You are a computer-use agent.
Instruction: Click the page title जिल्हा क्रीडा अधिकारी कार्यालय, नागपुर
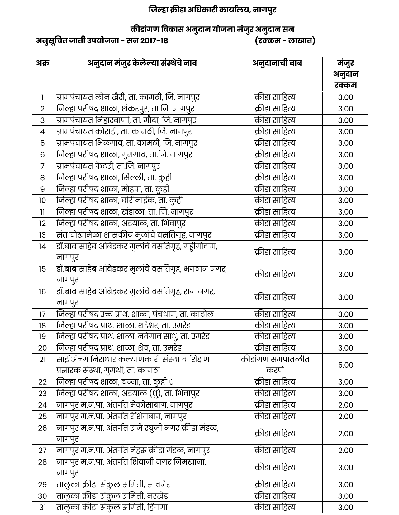coord(212,10)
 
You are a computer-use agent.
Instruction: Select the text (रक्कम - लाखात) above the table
coord(285,41)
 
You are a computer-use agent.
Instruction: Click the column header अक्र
coord(42,63)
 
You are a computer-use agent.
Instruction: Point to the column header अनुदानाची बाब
coord(277,63)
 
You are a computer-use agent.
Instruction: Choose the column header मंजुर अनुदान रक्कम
coord(345,74)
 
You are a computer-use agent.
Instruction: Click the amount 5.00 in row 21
coord(345,365)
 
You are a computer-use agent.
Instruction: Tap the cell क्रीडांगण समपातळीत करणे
coord(275,365)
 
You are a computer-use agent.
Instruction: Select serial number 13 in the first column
coord(42,235)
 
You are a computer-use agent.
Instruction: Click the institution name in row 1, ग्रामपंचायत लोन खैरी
coord(128,97)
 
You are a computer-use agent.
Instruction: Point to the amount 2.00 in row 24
coord(345,405)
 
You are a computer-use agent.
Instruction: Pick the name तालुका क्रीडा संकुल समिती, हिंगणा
coord(112,507)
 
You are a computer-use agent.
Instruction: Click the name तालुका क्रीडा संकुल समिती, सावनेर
coord(113,484)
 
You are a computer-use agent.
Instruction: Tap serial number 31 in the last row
coord(42,508)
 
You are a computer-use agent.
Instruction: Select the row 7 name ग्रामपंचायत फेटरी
coord(108,166)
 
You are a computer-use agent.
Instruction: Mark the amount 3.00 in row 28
coord(345,468)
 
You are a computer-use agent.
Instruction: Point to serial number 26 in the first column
coord(42,428)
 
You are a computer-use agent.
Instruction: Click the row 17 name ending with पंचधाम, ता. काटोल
coord(135,314)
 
